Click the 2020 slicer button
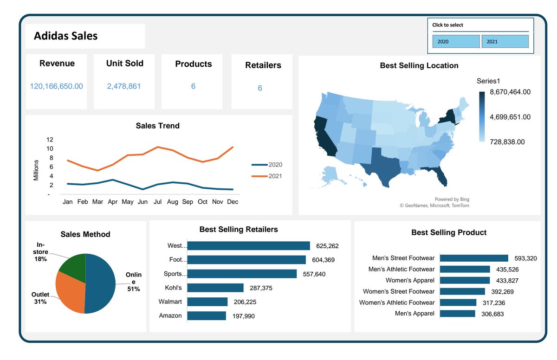(x=455, y=42)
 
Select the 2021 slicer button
(x=505, y=42)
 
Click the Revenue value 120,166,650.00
(x=56, y=86)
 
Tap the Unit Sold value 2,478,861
(x=124, y=86)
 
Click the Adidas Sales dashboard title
(x=65, y=36)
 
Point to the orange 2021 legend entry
(x=266, y=176)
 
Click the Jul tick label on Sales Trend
(x=158, y=202)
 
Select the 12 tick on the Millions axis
(x=50, y=140)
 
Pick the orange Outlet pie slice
(x=69, y=292)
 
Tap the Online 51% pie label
(x=134, y=282)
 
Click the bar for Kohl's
(x=215, y=288)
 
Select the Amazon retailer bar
(x=206, y=315)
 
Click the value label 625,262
(x=327, y=246)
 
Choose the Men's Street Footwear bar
(x=473, y=258)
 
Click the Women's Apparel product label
(x=410, y=280)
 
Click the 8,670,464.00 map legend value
(x=510, y=92)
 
